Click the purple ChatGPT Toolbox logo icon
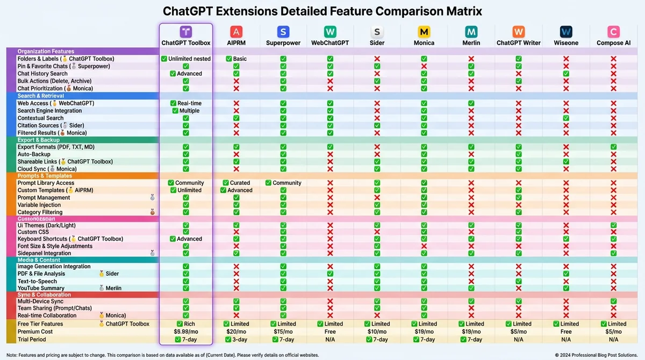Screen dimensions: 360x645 (186, 32)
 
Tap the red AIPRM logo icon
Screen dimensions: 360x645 (236, 32)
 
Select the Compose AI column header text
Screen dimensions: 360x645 (613, 43)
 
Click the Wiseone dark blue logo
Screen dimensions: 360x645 (566, 32)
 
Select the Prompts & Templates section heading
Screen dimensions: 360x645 (45, 176)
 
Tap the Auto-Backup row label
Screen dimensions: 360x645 (34, 154)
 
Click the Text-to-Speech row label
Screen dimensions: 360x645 (37, 281)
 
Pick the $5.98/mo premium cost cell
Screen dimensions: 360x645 (186, 332)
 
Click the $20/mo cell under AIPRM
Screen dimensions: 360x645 (236, 332)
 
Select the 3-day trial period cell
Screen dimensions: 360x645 (236, 340)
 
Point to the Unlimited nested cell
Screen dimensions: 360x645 (186, 59)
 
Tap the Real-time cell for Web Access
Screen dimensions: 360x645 (186, 103)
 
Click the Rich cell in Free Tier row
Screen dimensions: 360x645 (186, 324)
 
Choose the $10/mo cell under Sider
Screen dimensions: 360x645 (377, 332)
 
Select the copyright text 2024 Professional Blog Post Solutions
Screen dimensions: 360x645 (597, 355)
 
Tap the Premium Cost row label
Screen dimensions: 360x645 (36, 332)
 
